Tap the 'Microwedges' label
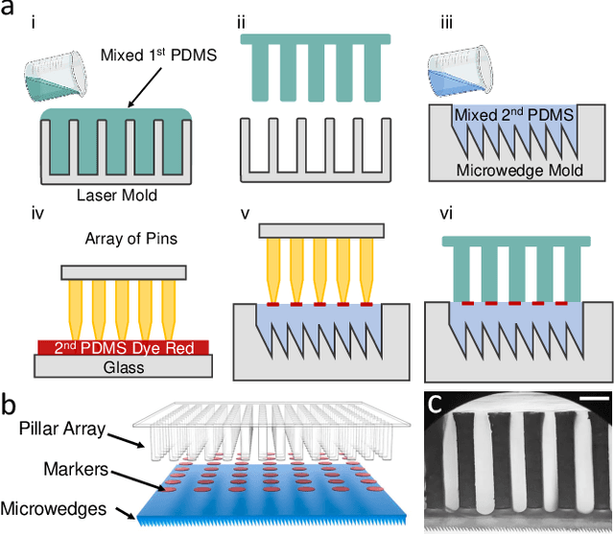[57, 507]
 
